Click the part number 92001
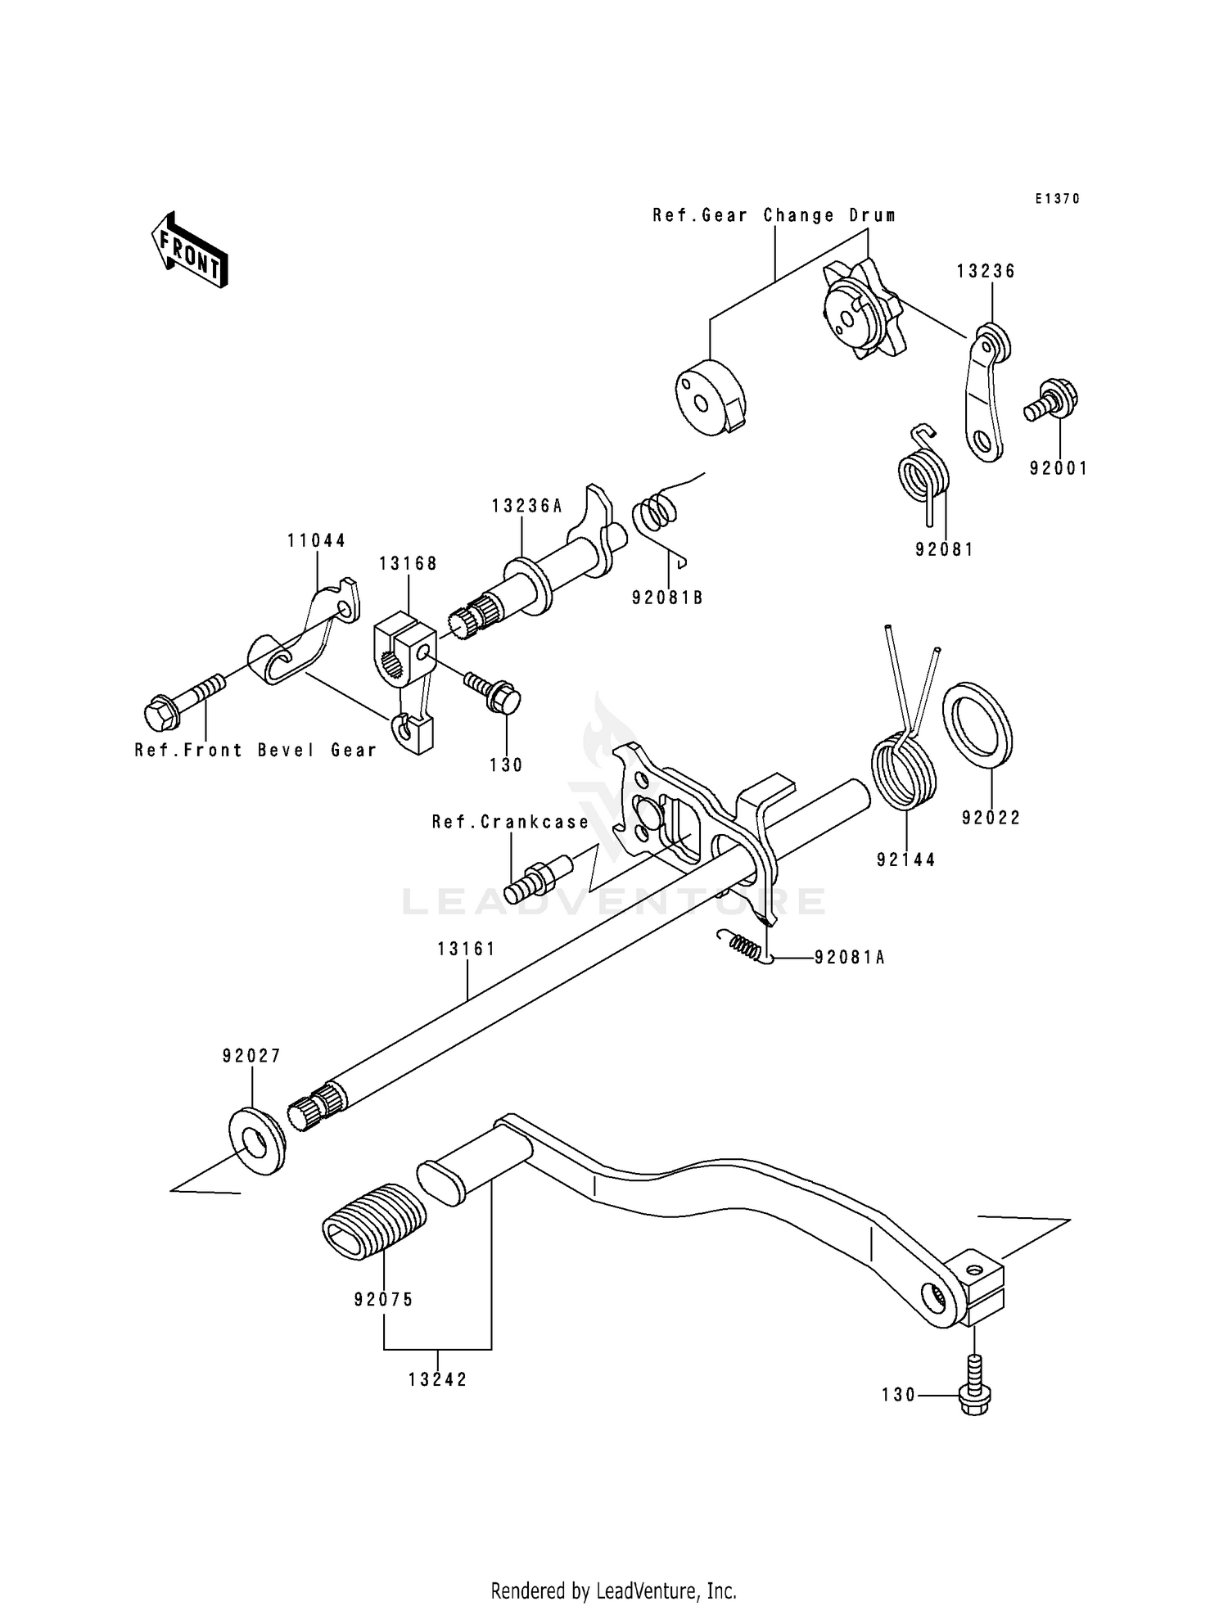click(x=1059, y=468)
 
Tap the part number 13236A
click(x=527, y=506)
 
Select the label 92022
click(x=991, y=818)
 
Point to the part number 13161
click(x=467, y=949)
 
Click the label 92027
click(x=251, y=1056)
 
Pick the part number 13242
click(x=438, y=1379)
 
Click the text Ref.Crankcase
click(x=511, y=821)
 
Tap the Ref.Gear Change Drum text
click(x=774, y=215)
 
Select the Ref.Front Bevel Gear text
click(x=256, y=750)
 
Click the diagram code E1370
click(x=1057, y=199)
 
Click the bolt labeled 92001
click(x=1051, y=399)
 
